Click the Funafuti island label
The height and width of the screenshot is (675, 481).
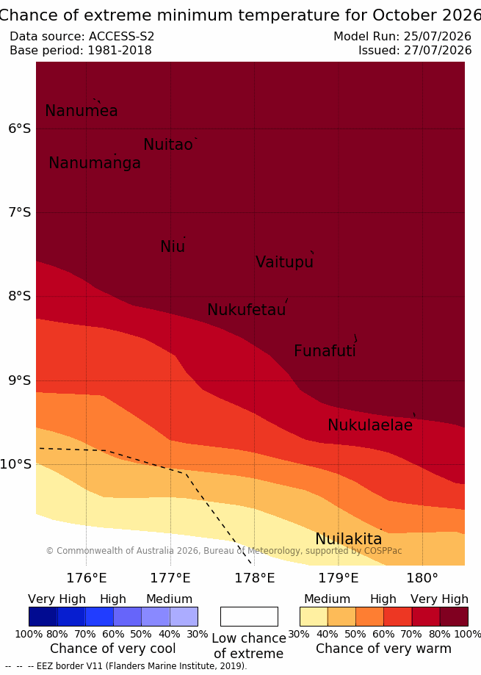pos(325,351)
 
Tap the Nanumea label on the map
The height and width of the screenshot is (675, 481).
pos(82,111)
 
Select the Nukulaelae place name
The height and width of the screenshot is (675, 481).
pos(370,425)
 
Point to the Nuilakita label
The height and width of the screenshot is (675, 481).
pos(349,539)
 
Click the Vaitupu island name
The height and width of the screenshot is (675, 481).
pos(284,262)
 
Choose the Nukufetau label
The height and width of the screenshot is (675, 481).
pos(247,309)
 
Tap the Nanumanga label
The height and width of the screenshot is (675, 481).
pos(95,163)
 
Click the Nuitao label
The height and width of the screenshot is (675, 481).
pos(168,145)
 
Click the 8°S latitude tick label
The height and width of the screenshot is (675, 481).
pos(19,296)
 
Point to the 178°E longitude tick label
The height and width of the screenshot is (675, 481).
pos(254,578)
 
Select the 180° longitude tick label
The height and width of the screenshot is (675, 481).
pos(422,578)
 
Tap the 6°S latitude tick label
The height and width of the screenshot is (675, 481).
pos(19,129)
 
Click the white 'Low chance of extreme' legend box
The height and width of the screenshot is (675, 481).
pos(249,616)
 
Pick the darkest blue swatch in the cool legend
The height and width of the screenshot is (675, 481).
pos(43,616)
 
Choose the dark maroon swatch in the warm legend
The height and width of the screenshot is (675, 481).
pos(454,616)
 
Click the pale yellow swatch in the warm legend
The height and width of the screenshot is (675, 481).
pos(314,616)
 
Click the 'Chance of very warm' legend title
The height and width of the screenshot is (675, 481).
pos(383,649)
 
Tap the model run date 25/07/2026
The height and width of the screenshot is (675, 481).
pos(438,36)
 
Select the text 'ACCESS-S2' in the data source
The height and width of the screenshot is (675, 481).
pos(121,36)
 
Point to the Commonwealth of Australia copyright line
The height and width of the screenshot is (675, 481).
pos(224,551)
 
